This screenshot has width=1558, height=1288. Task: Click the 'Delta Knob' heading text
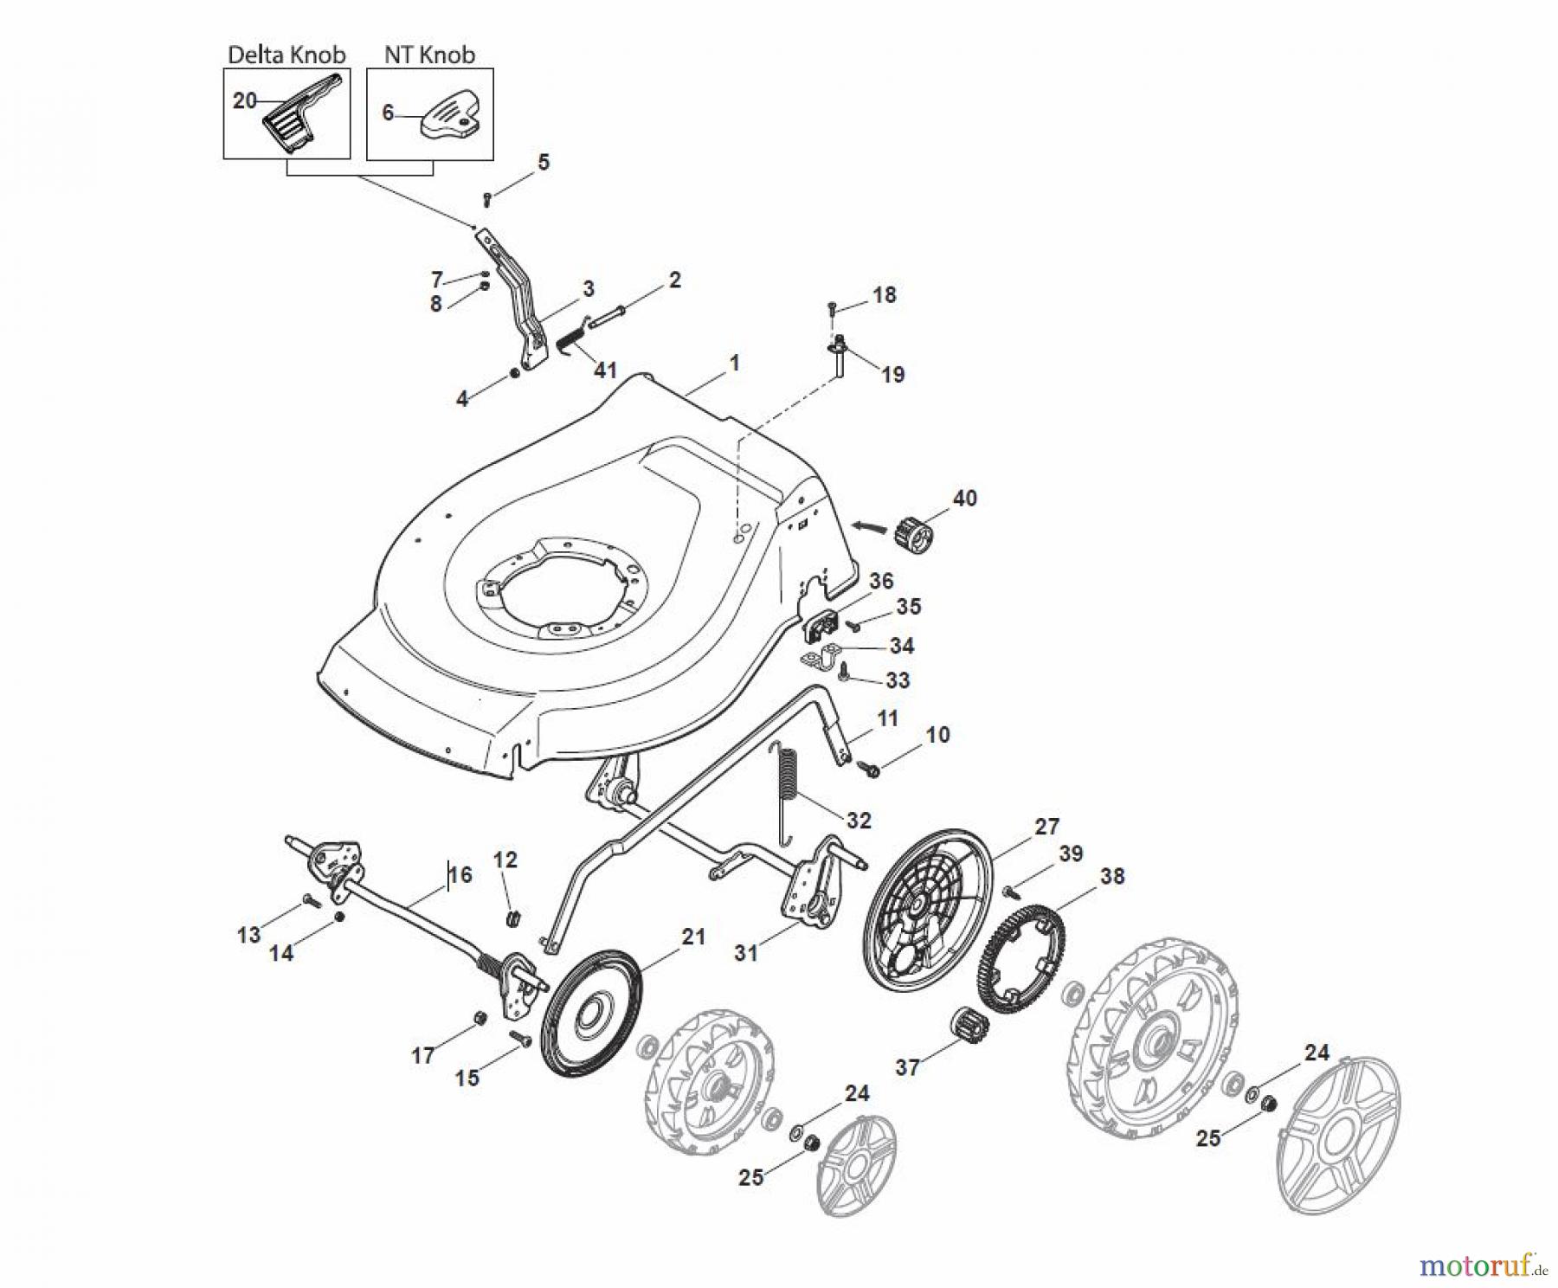click(x=286, y=55)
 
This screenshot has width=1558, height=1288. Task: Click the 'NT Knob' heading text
click(x=429, y=55)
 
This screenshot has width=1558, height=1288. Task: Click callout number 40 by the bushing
click(x=964, y=498)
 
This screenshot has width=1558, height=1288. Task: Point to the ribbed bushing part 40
click(x=913, y=529)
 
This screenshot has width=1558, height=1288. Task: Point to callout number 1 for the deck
click(x=734, y=364)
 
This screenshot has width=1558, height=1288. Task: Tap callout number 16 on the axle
click(x=460, y=874)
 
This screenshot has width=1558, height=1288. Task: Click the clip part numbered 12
click(x=513, y=917)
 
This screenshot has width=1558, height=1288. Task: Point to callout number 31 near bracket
click(x=745, y=953)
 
